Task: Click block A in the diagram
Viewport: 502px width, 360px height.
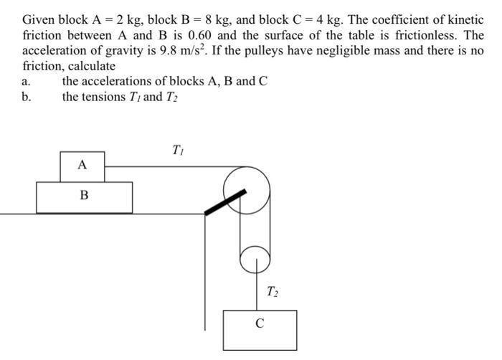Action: (82, 166)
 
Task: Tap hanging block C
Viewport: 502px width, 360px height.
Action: (260, 328)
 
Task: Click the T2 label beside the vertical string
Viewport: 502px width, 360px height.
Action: (273, 291)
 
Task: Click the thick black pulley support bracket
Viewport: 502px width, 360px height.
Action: (225, 202)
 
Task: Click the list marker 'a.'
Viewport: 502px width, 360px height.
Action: (27, 81)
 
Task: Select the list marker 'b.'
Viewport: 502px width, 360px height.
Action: (27, 97)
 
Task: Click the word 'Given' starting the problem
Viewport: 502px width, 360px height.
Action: (39, 19)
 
